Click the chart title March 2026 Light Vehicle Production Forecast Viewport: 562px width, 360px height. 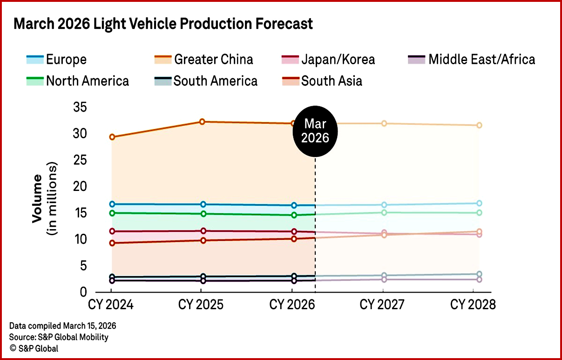click(163, 24)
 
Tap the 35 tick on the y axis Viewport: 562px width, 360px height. click(80, 108)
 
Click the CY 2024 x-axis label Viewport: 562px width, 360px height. click(111, 305)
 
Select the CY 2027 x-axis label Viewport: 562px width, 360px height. click(383, 305)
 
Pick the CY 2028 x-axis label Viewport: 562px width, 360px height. click(473, 305)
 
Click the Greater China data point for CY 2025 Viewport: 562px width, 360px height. click(202, 122)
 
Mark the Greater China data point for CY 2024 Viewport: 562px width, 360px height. click(112, 137)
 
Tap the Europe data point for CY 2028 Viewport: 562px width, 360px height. click(479, 204)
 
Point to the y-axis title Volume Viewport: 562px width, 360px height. click(38, 198)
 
